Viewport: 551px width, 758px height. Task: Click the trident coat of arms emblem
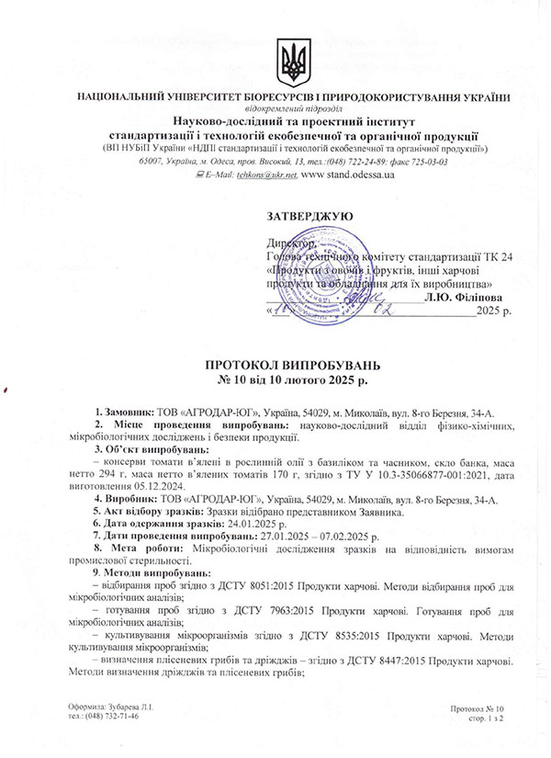[x=294, y=62]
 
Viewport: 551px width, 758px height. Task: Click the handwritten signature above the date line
[x=367, y=299]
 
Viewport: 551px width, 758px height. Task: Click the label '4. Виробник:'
[x=125, y=499]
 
